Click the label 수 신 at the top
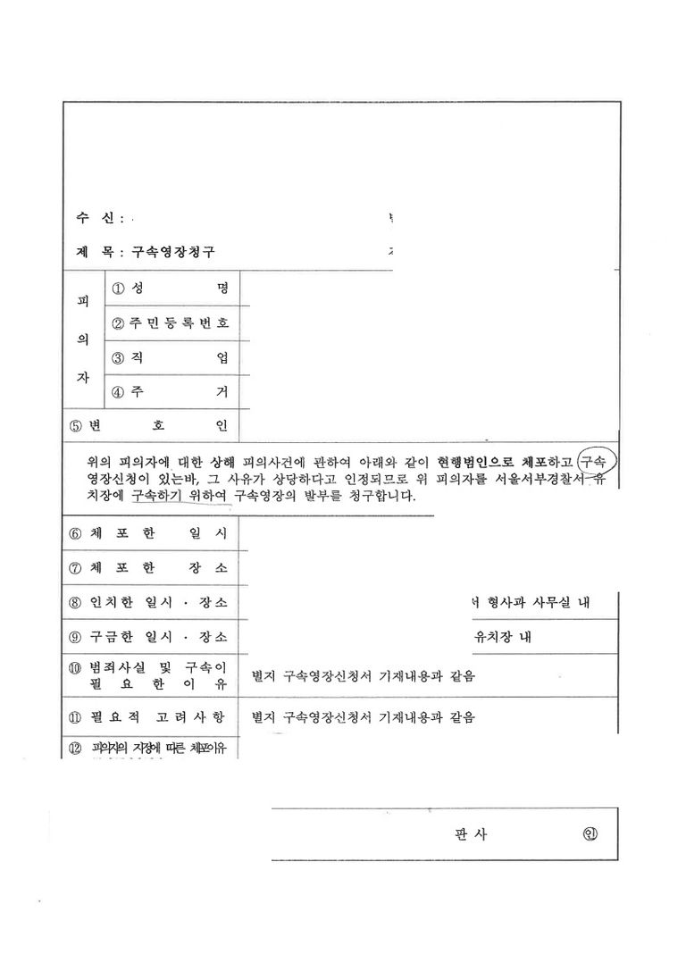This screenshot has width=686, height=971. (96, 219)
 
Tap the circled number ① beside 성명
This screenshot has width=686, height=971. (117, 289)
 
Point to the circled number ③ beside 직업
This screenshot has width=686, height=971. (117, 358)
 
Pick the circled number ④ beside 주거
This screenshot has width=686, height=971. (117, 392)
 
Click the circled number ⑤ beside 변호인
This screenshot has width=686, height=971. (76, 425)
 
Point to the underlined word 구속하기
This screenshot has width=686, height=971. (157, 496)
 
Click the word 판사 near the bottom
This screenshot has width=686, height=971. (472, 835)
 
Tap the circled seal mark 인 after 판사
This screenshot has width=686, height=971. (589, 835)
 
